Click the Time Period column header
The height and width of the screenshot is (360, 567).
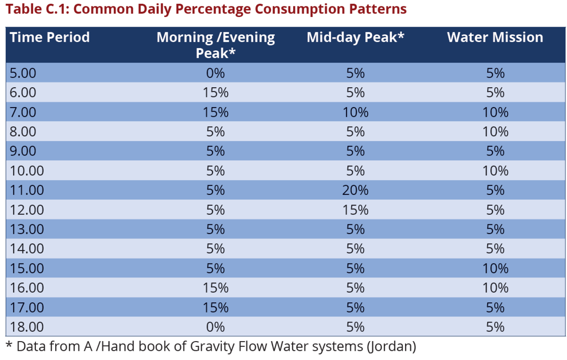click(x=49, y=38)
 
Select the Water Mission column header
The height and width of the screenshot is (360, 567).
click(x=495, y=38)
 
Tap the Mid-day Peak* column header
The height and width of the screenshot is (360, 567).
click(x=355, y=38)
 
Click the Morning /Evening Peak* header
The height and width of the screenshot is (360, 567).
click(x=216, y=45)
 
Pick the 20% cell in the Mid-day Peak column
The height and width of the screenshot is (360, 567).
click(x=355, y=190)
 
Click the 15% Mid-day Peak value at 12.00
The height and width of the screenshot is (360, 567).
click(x=355, y=210)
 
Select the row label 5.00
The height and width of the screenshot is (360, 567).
click(x=23, y=73)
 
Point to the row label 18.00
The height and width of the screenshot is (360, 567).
click(x=27, y=327)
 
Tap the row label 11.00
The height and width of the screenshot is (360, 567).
click(x=27, y=190)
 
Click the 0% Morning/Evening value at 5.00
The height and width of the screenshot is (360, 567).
click(x=216, y=73)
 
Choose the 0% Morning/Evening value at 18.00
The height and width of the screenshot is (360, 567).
click(x=216, y=327)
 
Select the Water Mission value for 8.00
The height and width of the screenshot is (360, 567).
click(x=495, y=132)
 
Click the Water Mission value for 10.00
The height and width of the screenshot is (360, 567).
click(x=495, y=171)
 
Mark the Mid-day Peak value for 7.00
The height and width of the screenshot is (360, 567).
click(x=355, y=112)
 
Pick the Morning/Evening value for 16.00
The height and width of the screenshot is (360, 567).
click(x=216, y=288)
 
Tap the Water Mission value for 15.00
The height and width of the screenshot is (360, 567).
click(x=495, y=268)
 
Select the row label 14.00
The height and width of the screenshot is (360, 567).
click(x=27, y=249)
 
